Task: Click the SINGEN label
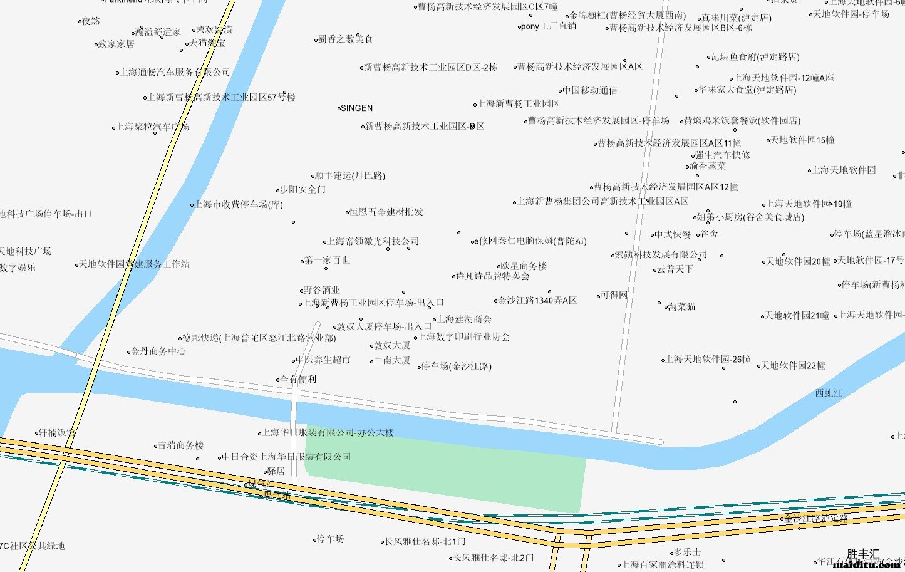[x=356, y=108]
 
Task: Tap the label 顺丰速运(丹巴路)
[x=349, y=176]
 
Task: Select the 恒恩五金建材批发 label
[x=386, y=212]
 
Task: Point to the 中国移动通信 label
[x=589, y=91]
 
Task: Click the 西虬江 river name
[x=829, y=393]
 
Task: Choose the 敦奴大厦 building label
[x=392, y=346]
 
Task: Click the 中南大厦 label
[x=392, y=361]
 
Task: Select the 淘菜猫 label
[x=681, y=307]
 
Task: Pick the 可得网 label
[x=614, y=296]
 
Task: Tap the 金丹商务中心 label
[x=158, y=351]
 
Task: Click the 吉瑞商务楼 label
[x=181, y=445]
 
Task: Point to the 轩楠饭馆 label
[x=57, y=433]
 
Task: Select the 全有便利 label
[x=298, y=380]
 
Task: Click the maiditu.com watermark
[x=866, y=565]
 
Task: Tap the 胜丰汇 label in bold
[x=863, y=554]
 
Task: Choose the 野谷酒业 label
[x=322, y=291]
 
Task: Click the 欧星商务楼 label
[x=524, y=266]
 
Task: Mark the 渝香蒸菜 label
[x=708, y=166]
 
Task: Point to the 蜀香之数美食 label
[x=346, y=39]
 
